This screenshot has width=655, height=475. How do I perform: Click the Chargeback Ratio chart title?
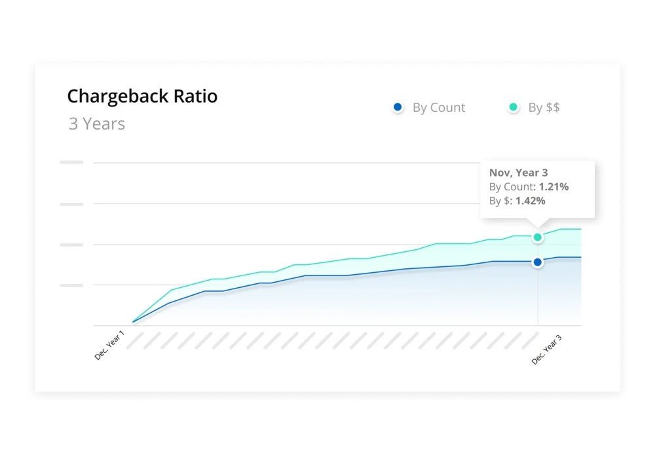click(x=142, y=97)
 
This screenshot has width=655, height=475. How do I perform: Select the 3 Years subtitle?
click(x=97, y=124)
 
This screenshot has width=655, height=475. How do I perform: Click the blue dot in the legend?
click(x=398, y=107)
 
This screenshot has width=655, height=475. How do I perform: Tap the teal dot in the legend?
click(x=514, y=107)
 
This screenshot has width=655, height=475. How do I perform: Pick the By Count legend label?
click(x=438, y=108)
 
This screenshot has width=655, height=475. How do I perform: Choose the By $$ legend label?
click(x=544, y=108)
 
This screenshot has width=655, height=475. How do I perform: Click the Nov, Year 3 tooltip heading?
click(x=519, y=173)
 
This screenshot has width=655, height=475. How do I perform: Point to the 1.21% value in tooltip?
click(x=553, y=187)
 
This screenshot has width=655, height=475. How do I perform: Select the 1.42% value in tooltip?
click(x=530, y=201)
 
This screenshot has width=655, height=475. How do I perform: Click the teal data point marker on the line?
click(x=538, y=237)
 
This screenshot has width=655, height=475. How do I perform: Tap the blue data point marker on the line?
click(x=538, y=262)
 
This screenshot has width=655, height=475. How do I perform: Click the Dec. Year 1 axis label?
click(x=109, y=345)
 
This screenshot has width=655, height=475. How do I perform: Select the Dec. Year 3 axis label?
click(x=547, y=349)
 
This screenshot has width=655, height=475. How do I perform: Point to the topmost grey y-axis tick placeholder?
click(x=71, y=162)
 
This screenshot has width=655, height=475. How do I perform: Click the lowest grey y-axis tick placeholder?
click(x=71, y=285)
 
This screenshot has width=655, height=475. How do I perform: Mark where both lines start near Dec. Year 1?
click(x=133, y=321)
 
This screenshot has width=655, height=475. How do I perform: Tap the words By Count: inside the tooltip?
click(x=513, y=187)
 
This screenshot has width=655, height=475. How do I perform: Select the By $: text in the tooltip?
click(x=501, y=201)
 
